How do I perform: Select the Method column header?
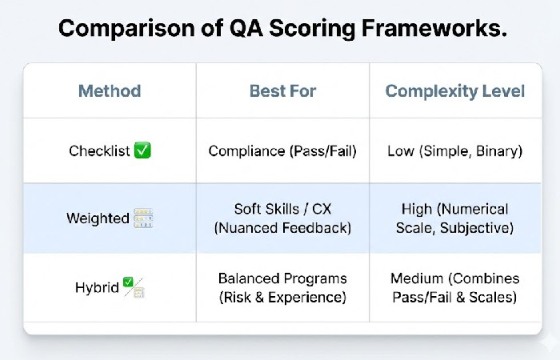tap(110, 90)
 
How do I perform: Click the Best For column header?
tap(282, 90)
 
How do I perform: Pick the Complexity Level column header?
tap(455, 90)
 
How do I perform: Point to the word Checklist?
tap(99, 151)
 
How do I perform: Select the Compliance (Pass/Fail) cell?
tap(282, 151)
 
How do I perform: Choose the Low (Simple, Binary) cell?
tap(455, 151)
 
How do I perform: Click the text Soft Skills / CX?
tap(282, 209)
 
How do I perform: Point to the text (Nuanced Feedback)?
tap(282, 228)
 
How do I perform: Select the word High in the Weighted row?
tap(418, 209)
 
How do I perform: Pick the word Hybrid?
tap(98, 287)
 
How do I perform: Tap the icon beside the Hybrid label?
tap(133, 288)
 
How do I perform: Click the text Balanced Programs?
tap(282, 278)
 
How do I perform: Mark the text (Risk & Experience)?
tap(282, 298)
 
